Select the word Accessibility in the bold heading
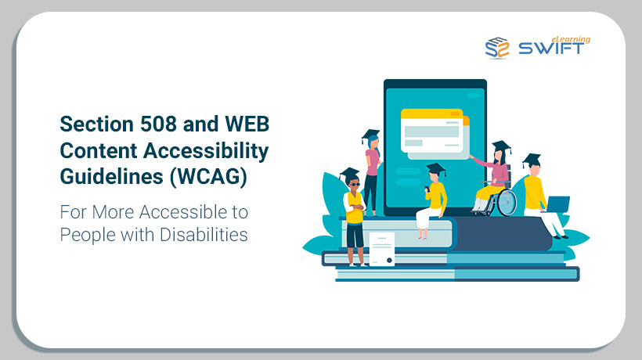pos(206,151)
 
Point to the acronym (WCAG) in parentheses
pos(208,177)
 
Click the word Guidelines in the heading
pos(112,177)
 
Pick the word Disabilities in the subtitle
pos(204,235)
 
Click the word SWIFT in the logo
pos(551,49)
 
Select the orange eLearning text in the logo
pos(571,39)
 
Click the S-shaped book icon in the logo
pos(497,48)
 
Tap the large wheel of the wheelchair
pos(507,203)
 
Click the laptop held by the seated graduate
pos(557,204)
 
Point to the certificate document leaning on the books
pos(382,249)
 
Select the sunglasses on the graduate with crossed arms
pos(354,185)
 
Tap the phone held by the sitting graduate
pos(426,189)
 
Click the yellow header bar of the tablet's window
pos(431,113)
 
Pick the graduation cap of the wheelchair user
pos(502,146)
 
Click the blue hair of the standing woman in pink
pos(373,144)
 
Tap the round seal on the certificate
pos(389,260)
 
